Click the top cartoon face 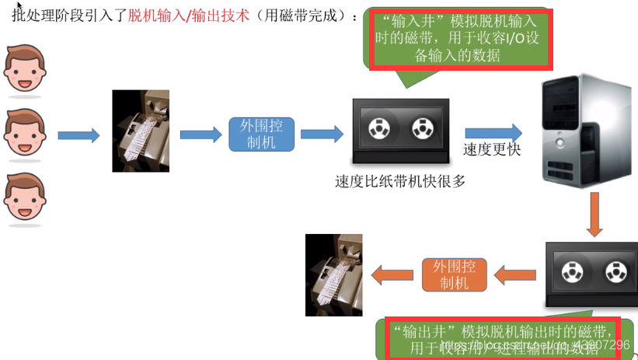[x=26, y=68]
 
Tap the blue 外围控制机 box [x=262, y=134]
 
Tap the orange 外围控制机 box [x=454, y=274]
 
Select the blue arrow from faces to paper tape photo [x=78, y=135]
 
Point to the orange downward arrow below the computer [x=594, y=214]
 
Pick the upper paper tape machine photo [x=141, y=131]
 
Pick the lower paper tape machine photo [x=334, y=274]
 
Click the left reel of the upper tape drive [x=380, y=127]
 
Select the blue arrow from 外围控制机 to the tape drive [x=322, y=134]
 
